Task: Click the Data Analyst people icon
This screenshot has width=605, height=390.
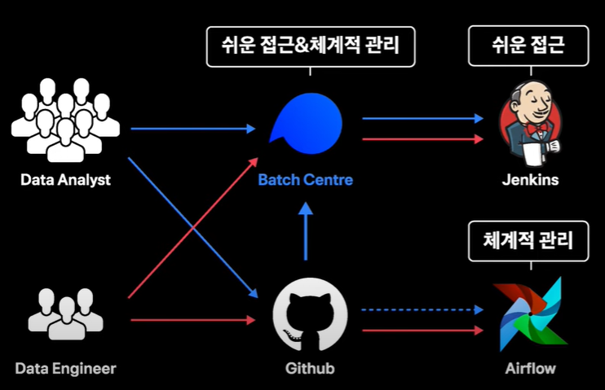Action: (x=65, y=119)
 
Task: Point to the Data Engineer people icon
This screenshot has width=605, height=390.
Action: (x=65, y=313)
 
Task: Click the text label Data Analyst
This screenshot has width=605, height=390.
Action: (x=65, y=180)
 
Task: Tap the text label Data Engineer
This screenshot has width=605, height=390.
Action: (x=65, y=369)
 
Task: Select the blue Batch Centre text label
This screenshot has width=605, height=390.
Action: (x=306, y=180)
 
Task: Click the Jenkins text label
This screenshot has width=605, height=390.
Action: (x=530, y=180)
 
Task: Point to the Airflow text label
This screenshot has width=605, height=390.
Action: (x=530, y=369)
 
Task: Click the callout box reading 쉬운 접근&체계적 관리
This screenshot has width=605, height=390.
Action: (x=311, y=44)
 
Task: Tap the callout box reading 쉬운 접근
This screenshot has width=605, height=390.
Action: (x=528, y=44)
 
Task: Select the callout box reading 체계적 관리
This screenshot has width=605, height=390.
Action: (x=528, y=240)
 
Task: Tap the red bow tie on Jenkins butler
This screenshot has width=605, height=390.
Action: (x=536, y=129)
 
